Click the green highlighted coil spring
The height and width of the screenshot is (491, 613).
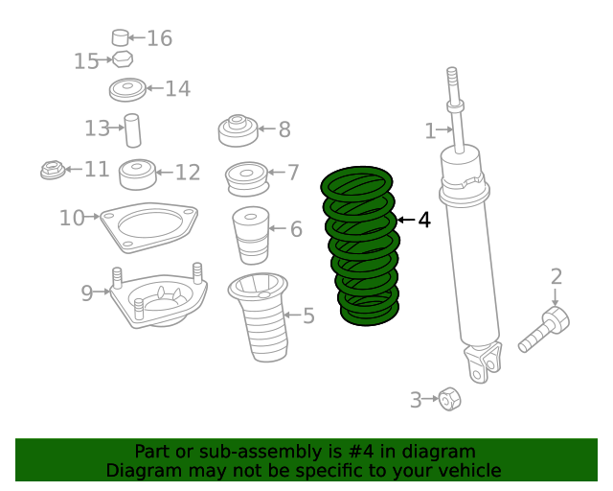click(362, 246)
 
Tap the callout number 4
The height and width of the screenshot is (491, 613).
click(423, 220)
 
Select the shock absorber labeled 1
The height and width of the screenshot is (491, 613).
click(469, 249)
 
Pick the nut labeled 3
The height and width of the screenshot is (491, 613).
click(447, 398)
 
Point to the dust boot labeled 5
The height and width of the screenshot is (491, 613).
click(258, 321)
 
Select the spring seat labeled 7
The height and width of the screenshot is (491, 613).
click(246, 177)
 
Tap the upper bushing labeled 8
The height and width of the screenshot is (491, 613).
click(237, 129)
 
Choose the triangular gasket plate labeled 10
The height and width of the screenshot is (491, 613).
click(149, 224)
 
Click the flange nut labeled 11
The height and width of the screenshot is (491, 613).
click(51, 171)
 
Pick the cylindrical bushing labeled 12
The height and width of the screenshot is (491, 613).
click(137, 175)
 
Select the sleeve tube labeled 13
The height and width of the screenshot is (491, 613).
click(132, 130)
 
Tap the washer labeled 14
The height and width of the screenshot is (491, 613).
click(126, 91)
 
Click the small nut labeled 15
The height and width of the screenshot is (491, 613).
click(122, 59)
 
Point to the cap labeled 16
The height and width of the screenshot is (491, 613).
click(120, 38)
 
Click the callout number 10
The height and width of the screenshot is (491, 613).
click(72, 218)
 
